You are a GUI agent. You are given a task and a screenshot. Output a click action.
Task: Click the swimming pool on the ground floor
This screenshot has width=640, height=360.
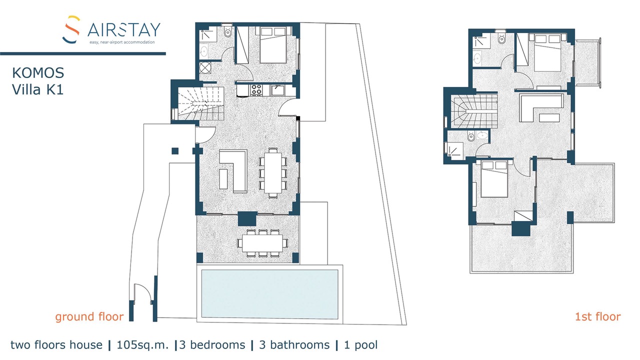coord(269,294)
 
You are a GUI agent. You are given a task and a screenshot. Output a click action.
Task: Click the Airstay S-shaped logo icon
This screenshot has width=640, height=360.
coord(71,29)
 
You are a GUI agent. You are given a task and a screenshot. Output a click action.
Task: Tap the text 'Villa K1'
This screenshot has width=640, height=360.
coord(37,89)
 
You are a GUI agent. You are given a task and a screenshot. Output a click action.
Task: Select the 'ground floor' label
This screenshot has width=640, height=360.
coord(89,316)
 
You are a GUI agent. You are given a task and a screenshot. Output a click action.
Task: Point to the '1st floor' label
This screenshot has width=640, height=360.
coord(597,316)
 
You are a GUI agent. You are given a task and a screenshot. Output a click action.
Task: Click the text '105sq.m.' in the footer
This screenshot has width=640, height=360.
coord(142,345)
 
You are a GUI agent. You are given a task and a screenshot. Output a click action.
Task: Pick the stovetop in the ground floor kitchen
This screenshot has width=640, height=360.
coord(256,89)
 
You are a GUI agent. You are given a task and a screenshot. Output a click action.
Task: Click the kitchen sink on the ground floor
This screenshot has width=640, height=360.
coord(277,89)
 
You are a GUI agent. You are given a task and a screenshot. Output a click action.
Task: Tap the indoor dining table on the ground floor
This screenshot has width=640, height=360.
coord(273,173)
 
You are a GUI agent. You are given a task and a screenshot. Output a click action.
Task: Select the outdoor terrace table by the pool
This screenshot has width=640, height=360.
coord(262,243)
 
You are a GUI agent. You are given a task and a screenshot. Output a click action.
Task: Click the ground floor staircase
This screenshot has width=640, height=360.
coord(200,103)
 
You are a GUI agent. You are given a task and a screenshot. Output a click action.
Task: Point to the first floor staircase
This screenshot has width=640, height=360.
coord(474,111)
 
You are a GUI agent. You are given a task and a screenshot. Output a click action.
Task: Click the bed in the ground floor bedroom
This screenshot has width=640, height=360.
coord(273,45)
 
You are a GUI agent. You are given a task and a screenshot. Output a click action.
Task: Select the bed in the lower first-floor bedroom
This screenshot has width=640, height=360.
coord(494,179)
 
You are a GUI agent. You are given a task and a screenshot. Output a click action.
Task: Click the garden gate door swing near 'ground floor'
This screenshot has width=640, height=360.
coord(142,291)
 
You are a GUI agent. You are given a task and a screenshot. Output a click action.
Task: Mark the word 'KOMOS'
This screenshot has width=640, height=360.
coord(38,73)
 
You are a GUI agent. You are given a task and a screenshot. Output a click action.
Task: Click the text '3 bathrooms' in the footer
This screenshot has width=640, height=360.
coord(294,345)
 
